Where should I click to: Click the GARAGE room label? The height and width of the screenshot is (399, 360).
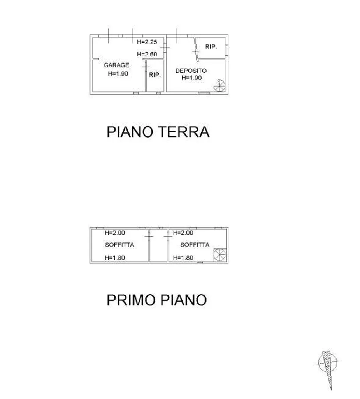point(116,65)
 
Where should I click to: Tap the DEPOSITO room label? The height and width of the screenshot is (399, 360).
point(191,71)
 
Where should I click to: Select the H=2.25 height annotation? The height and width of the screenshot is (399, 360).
point(147,42)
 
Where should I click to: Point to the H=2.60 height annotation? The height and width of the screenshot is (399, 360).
point(147,54)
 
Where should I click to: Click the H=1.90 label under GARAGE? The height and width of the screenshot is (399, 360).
point(118,74)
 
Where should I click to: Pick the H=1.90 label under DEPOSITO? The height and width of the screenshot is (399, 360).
point(192,78)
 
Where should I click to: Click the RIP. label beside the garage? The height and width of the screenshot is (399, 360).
point(155,75)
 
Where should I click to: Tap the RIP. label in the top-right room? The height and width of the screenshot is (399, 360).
point(211,47)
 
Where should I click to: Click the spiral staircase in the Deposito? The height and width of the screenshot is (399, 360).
point(220,85)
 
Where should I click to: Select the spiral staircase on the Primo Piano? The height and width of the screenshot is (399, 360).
point(220,255)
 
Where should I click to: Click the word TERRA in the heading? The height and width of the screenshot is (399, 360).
point(184,132)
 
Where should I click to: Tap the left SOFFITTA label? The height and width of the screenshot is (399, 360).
point(119,245)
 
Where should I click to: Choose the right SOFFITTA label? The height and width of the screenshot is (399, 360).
point(195,245)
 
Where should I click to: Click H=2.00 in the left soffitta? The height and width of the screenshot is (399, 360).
point(115,233)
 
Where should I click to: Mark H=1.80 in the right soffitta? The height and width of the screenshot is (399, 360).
point(183,258)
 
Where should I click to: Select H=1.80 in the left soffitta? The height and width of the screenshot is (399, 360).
point(115,258)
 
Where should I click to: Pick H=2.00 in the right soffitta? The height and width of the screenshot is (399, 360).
point(183,233)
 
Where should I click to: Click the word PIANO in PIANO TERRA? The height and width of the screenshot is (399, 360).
point(130,132)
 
